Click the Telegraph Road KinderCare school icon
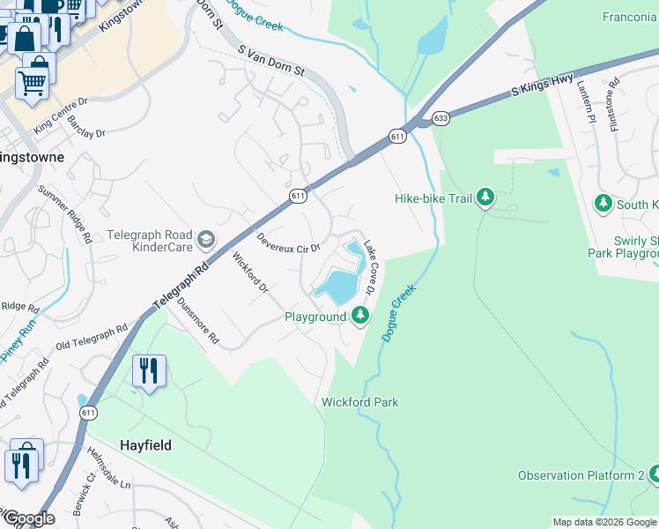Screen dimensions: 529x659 (206, 237)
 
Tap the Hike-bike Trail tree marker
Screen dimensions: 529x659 (485, 198)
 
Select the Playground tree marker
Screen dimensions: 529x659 (360, 316)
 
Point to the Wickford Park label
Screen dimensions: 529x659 (359, 403)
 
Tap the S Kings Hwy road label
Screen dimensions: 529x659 (543, 86)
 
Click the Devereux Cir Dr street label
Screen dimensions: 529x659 (288, 244)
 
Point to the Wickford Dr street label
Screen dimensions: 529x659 (250, 273)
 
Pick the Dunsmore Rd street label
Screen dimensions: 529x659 (198, 318)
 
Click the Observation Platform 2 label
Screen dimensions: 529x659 (581, 476)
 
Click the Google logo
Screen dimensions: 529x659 (28, 518)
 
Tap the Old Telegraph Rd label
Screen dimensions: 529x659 (91, 336)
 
